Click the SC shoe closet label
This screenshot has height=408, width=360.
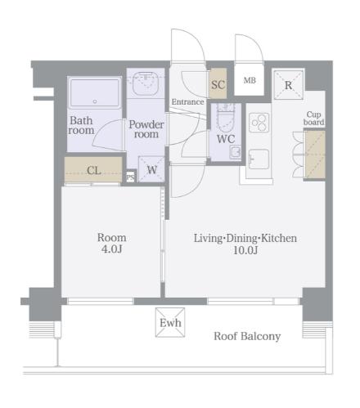(218, 85)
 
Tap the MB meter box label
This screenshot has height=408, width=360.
(250, 80)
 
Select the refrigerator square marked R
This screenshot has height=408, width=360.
(288, 85)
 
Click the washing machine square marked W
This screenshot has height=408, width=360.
(151, 169)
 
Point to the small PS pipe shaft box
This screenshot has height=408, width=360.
(130, 177)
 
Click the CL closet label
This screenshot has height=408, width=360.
(94, 171)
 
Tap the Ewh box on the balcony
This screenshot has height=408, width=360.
(170, 322)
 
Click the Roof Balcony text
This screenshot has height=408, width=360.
(247, 336)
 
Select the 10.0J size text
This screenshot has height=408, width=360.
(245, 250)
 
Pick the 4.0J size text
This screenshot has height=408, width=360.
(111, 249)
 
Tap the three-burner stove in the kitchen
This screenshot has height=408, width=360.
(259, 123)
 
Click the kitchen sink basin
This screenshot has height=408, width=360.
(259, 159)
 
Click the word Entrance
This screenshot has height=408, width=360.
(187, 102)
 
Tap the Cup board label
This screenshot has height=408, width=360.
(313, 119)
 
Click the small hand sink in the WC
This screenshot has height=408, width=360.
(235, 152)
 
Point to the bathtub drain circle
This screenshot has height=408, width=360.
(95, 101)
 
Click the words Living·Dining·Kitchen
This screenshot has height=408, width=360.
(245, 239)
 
